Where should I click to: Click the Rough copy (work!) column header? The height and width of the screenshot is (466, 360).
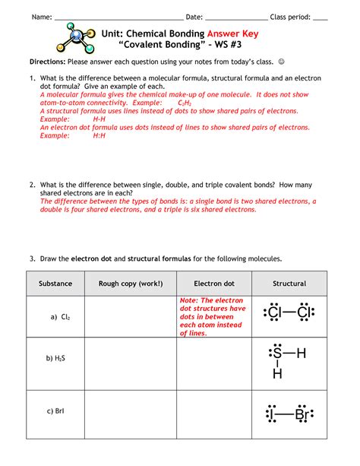(130, 284)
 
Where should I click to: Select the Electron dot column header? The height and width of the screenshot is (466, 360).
(213, 284)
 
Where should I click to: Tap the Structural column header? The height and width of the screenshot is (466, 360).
(289, 284)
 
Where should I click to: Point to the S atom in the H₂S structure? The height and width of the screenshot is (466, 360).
(277, 353)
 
